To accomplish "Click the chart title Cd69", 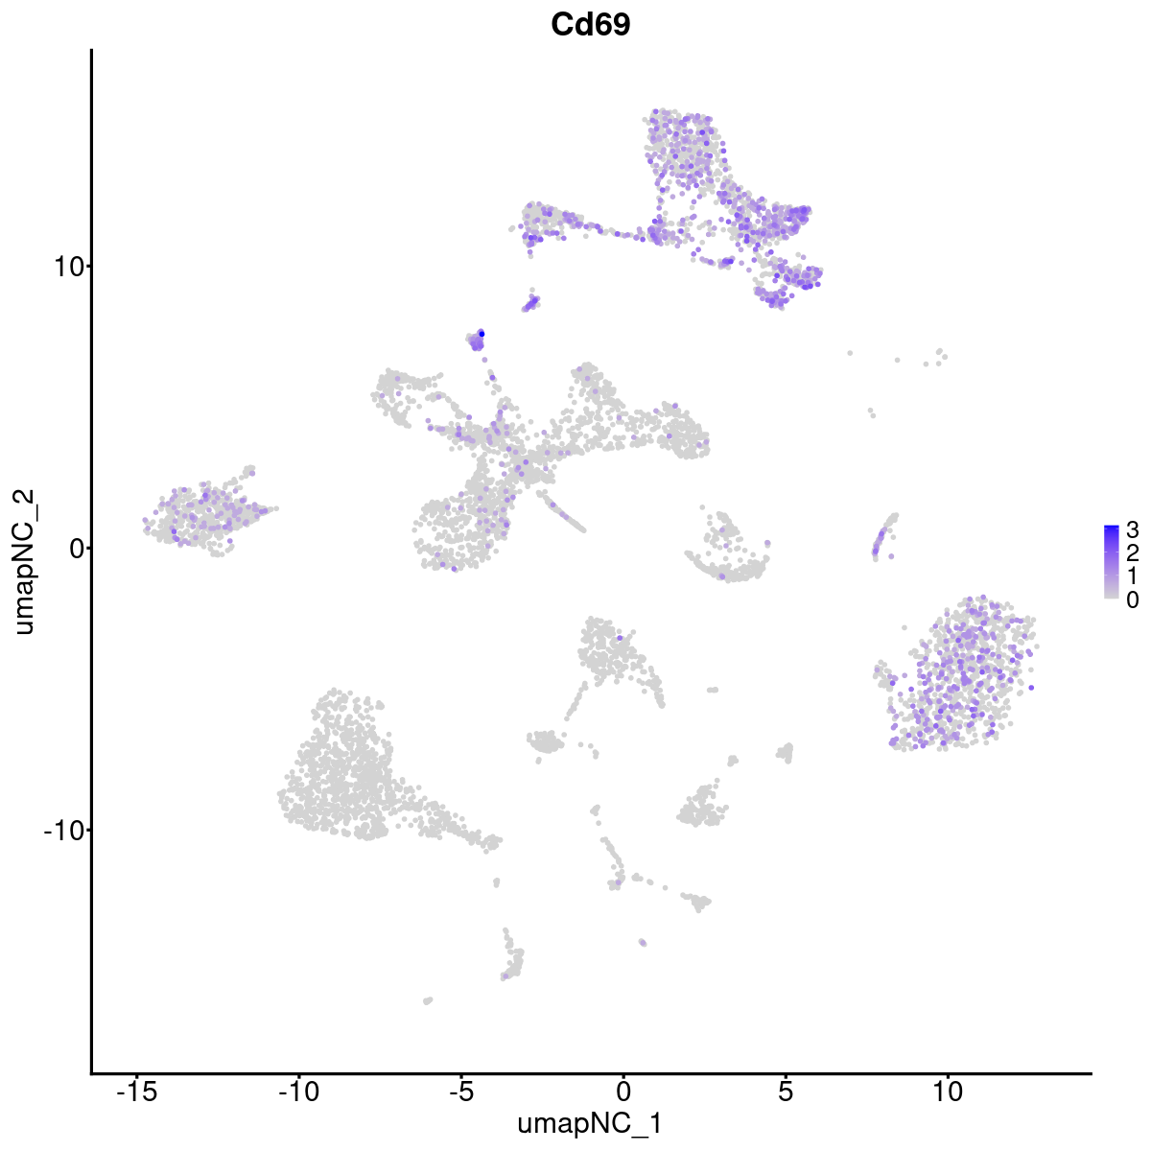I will tap(590, 26).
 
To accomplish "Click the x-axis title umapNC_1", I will tap(590, 1123).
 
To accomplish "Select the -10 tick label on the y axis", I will tap(61, 830).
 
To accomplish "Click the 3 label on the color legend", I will tap(1133, 529).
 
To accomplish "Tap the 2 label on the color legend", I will tap(1133, 552).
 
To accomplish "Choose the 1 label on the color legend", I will tap(1133, 575).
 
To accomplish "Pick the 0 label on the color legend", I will tap(1133, 599).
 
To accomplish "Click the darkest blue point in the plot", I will tap(482, 333).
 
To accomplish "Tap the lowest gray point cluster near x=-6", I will tap(428, 1000).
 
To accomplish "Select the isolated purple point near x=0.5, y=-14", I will tap(642, 943).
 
